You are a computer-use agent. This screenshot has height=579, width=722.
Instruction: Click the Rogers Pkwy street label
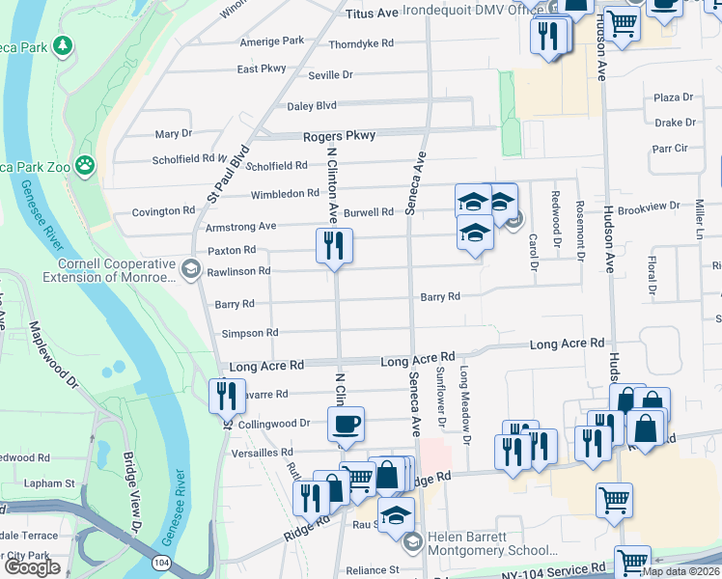point(339,136)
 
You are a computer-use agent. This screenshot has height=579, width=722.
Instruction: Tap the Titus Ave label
point(372,14)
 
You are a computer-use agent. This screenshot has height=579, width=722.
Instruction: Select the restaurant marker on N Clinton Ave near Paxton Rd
point(334,246)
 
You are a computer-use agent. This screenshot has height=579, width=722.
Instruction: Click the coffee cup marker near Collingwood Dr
point(346,424)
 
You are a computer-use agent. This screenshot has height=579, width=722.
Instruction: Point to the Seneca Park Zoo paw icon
point(86,164)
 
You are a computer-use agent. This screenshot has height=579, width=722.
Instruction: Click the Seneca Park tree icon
point(63,45)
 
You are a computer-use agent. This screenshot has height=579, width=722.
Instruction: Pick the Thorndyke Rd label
point(361,44)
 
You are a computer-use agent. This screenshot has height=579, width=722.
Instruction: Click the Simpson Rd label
point(250,333)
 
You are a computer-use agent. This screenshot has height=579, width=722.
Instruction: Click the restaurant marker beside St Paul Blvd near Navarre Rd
point(224,396)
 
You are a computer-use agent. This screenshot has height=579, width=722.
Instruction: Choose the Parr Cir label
point(669,149)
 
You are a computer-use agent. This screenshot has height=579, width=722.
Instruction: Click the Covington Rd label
point(163,211)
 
